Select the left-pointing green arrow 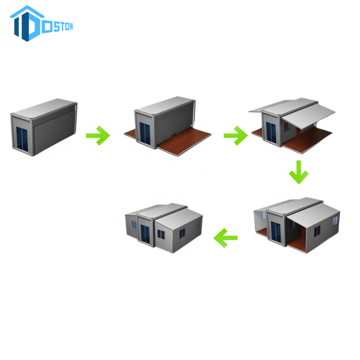(226, 237)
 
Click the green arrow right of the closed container (98, 136)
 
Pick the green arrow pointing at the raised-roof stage (236, 136)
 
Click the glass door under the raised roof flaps (271, 130)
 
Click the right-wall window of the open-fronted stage (317, 230)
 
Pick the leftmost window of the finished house (134, 225)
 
